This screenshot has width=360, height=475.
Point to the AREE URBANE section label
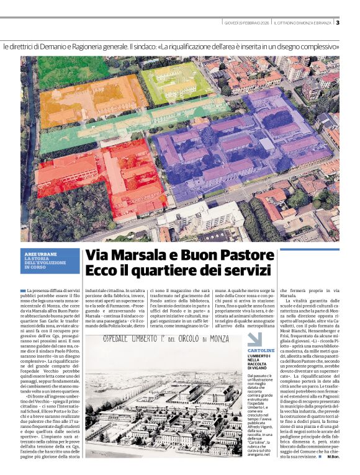click(38, 254)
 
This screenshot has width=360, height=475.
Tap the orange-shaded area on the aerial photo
click(93, 99)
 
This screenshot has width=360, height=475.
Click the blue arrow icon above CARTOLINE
click(255, 340)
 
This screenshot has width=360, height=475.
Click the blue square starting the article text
click(23, 290)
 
